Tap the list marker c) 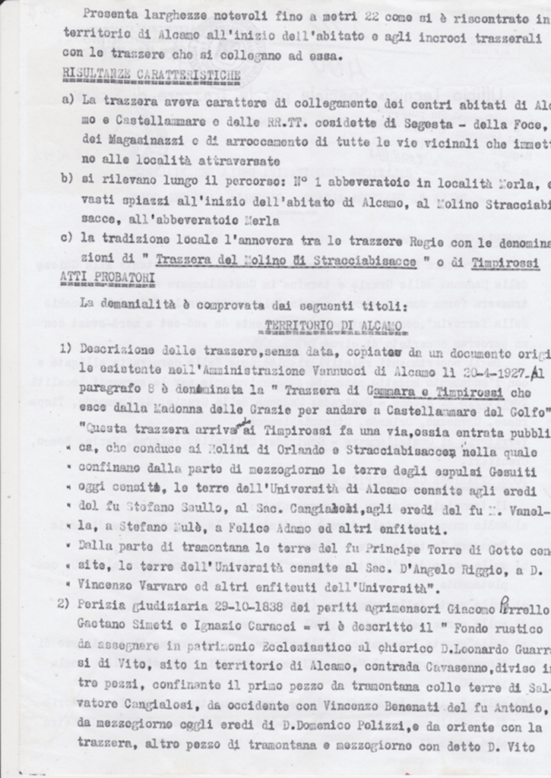65,239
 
